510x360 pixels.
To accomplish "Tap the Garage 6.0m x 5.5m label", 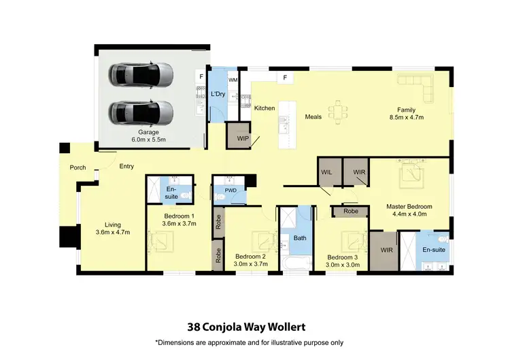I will tap(149, 136).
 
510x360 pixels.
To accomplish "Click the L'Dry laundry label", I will tap(218, 93).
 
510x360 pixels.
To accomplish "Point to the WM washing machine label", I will tap(233, 80).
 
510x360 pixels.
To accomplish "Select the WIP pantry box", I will tap(242, 138).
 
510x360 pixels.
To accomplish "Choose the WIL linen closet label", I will tap(327, 172).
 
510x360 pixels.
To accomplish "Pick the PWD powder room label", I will tap(231, 191).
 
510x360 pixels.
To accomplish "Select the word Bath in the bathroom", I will tap(299, 238).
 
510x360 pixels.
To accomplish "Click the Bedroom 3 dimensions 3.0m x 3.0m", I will tap(343, 265).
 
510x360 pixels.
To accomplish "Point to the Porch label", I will tap(78, 167).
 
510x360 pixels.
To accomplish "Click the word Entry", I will tap(126, 166).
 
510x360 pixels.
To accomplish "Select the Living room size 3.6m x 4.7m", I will tap(112, 232).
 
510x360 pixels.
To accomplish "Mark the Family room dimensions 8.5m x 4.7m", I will tap(407, 117).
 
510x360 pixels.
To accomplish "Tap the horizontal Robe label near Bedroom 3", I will tap(350, 212).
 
